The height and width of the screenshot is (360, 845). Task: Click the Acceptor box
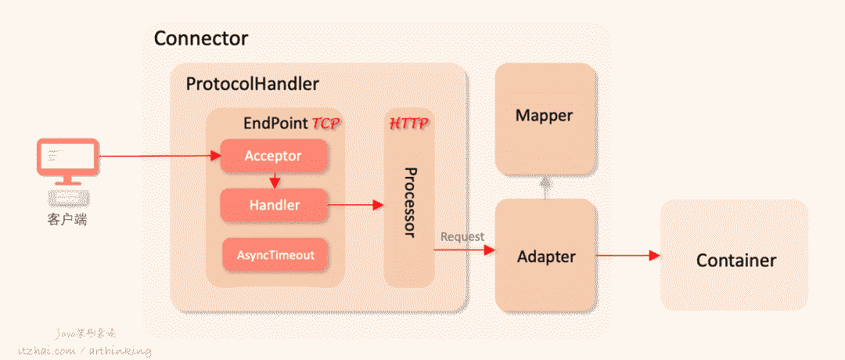pos(273,156)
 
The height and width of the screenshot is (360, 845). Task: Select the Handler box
pos(273,205)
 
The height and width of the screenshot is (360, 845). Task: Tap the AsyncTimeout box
pos(273,254)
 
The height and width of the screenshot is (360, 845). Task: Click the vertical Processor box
pos(408,202)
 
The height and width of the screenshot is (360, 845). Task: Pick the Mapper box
pos(545,116)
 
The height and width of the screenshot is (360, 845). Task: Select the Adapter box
pos(546,255)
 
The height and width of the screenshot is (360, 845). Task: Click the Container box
pos(735,260)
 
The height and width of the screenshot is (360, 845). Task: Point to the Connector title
pos(201,38)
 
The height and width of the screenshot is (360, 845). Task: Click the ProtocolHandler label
pos(252,84)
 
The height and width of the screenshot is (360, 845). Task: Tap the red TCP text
pos(327,124)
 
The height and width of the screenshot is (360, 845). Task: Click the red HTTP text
pos(408,124)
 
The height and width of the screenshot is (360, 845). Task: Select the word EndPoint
pos(275,124)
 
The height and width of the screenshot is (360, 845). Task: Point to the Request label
pos(462,236)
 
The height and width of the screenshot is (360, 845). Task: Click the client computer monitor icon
pos(67,160)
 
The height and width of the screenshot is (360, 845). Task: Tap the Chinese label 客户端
pos(67,219)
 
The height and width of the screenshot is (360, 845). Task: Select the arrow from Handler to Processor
pos(355,205)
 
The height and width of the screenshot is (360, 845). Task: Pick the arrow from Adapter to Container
pos(627,255)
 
